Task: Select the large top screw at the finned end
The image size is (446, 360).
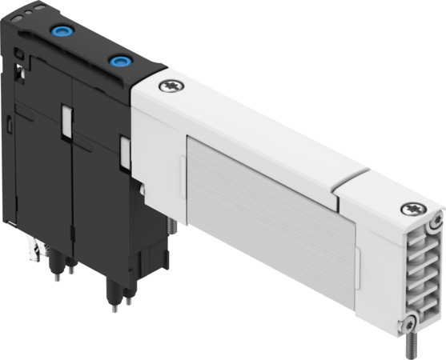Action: pyautogui.click(x=410, y=209)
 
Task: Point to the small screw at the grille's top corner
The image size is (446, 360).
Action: pyautogui.click(x=435, y=222)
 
